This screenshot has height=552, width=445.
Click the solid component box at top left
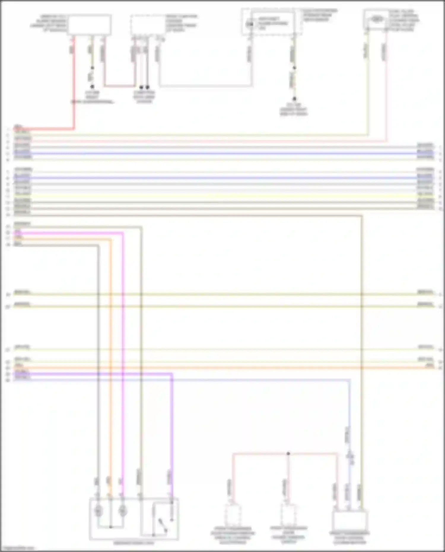click(x=89, y=25)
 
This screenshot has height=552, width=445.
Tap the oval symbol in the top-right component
click(x=376, y=19)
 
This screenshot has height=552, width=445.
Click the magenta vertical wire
click(x=122, y=356)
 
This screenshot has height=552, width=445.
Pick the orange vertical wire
click(x=111, y=356)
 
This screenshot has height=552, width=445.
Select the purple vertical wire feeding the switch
click(x=172, y=430)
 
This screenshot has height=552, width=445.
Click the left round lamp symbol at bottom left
click(x=98, y=511)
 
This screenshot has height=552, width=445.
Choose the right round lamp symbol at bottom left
click(x=123, y=511)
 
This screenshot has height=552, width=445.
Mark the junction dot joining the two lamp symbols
click(x=111, y=527)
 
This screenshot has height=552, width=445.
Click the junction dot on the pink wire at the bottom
click(x=288, y=454)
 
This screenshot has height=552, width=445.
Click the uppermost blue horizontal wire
click(x=223, y=154)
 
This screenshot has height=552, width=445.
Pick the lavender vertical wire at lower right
click(x=349, y=415)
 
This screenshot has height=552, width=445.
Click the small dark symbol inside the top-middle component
click(x=250, y=23)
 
